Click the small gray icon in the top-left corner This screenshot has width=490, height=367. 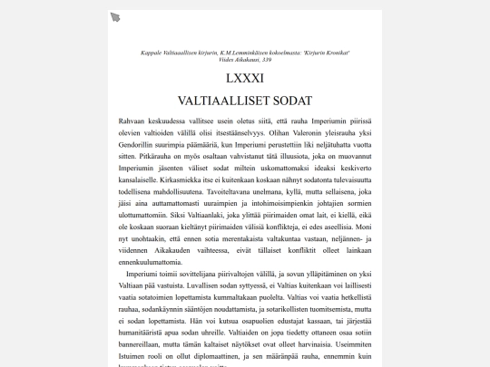115,17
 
